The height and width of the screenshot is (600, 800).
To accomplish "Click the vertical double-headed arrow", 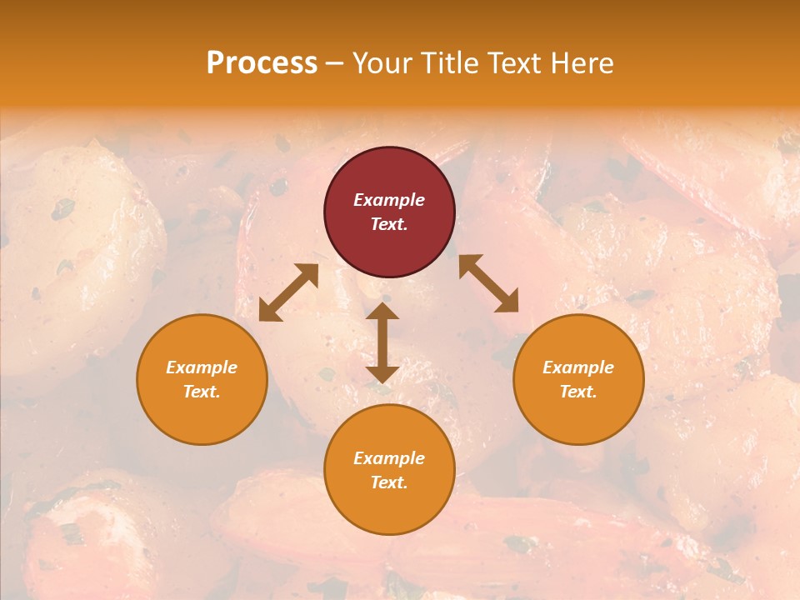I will (x=382, y=342).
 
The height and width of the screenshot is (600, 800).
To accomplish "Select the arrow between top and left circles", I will (x=288, y=292).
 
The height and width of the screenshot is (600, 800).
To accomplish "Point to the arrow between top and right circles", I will (x=488, y=283).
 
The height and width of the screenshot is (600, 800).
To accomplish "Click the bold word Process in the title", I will (x=262, y=63).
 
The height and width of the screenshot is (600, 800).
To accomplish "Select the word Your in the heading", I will (x=382, y=63).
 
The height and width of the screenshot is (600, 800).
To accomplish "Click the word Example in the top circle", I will (x=389, y=200).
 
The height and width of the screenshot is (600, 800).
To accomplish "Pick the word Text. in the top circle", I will (x=389, y=224).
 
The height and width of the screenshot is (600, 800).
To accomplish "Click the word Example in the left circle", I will (x=202, y=367).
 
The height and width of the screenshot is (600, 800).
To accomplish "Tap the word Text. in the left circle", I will (x=202, y=392).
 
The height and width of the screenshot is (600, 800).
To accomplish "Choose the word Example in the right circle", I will (x=578, y=367).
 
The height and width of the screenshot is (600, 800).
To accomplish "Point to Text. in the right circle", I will (x=578, y=392).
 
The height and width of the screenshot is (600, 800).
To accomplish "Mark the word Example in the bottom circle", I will (x=389, y=458).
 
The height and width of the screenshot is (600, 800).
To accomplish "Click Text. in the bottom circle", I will (x=389, y=482).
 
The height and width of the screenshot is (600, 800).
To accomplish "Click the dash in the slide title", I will (x=335, y=63).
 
